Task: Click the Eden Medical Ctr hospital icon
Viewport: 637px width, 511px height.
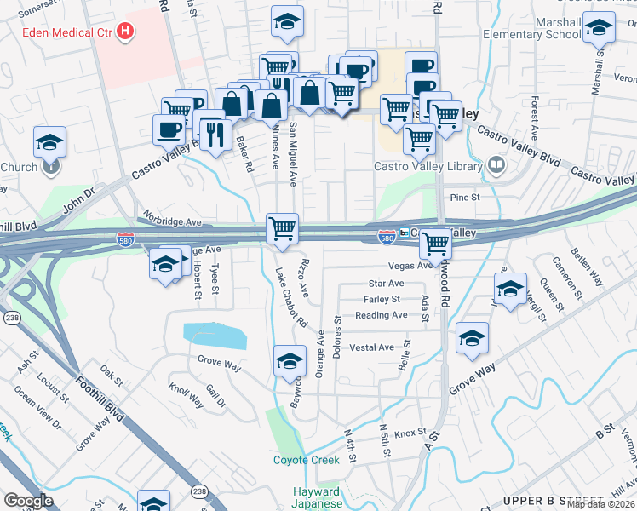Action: pyautogui.click(x=125, y=32)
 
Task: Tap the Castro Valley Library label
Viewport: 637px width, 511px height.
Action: pyautogui.click(x=429, y=166)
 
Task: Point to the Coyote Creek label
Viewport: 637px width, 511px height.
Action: pyautogui.click(x=306, y=460)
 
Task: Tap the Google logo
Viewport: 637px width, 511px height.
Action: pyautogui.click(x=28, y=501)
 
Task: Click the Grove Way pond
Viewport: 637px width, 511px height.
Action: pyautogui.click(x=215, y=336)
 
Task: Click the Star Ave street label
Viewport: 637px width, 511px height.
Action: pyautogui.click(x=386, y=283)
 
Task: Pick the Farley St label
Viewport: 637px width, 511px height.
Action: pyautogui.click(x=382, y=299)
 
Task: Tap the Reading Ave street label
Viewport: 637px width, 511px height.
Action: pyautogui.click(x=382, y=315)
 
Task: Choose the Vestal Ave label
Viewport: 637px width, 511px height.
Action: pyautogui.click(x=372, y=347)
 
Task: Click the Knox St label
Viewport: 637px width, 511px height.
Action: pyautogui.click(x=410, y=433)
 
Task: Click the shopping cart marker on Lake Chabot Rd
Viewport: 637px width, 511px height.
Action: pyautogui.click(x=282, y=228)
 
